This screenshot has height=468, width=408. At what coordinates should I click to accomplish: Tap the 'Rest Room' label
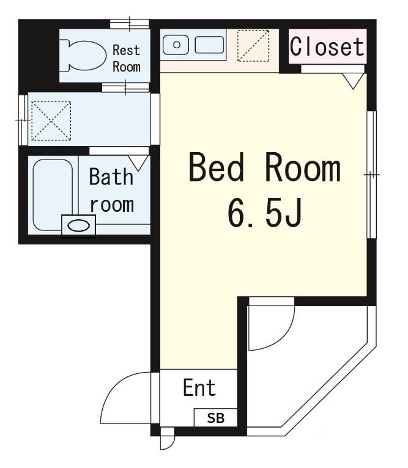click(x=127, y=58)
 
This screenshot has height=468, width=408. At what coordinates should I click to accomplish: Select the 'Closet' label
click(x=327, y=46)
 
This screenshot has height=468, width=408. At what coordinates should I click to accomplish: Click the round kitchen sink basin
click(x=176, y=45)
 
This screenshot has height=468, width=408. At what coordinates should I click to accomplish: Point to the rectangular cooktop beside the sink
click(x=209, y=45)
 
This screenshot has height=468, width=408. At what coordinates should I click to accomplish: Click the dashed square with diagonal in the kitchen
click(x=253, y=45)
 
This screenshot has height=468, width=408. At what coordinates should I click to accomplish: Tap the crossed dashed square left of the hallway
click(x=51, y=119)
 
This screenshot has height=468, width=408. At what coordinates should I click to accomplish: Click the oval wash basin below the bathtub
click(x=79, y=226)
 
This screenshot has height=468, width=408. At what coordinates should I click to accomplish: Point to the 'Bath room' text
click(x=111, y=190)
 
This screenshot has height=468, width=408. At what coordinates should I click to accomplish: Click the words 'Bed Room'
click(x=264, y=168)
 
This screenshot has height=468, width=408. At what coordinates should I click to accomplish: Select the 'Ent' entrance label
click(x=199, y=388)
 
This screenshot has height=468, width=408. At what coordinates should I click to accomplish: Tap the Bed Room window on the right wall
click(x=371, y=175)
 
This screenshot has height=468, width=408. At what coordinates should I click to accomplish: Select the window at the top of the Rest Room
click(x=129, y=24)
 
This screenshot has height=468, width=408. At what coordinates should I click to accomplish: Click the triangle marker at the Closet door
click(x=352, y=80)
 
